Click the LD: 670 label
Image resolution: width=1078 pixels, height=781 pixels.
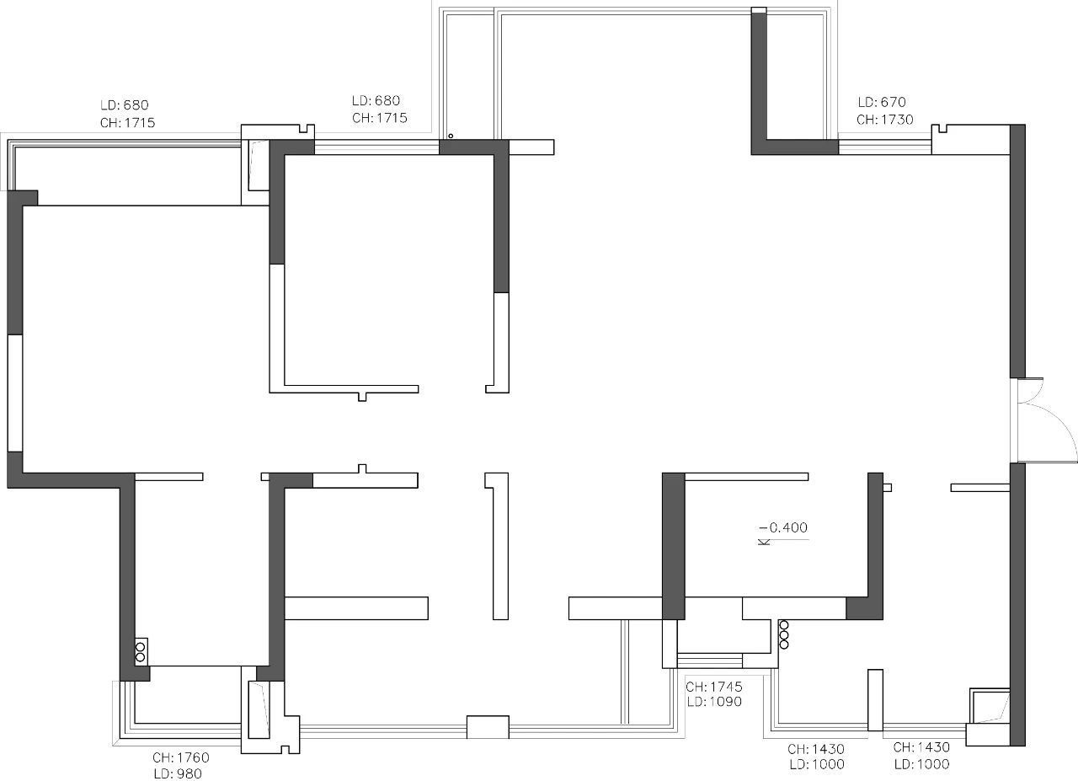click(x=882, y=102)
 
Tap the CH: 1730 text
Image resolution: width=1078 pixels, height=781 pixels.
click(x=884, y=120)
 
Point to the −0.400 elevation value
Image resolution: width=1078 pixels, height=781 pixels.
click(x=784, y=527)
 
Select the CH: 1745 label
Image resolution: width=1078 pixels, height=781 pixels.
click(x=713, y=687)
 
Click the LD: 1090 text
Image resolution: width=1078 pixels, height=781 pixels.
click(x=714, y=702)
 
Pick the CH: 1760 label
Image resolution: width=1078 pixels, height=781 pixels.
click(x=181, y=758)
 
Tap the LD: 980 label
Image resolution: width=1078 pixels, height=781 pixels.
click(x=178, y=773)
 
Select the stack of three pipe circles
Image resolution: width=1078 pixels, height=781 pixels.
click(x=784, y=634)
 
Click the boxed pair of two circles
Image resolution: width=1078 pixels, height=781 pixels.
click(x=141, y=651)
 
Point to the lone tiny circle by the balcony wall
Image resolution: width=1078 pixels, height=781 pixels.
click(x=451, y=136)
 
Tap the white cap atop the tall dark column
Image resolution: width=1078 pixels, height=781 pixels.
click(x=759, y=9)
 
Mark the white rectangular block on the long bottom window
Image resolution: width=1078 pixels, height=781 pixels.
click(x=488, y=727)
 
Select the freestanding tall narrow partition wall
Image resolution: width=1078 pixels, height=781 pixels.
click(x=497, y=546)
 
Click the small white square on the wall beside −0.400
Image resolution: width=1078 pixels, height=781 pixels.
click(x=888, y=488)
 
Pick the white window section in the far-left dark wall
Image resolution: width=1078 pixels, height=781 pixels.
click(x=15, y=393)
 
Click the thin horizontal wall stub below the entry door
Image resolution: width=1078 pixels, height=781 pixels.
click(x=980, y=488)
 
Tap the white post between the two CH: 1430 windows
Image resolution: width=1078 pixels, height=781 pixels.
click(x=875, y=700)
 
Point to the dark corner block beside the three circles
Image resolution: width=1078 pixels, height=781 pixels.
click(x=864, y=608)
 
